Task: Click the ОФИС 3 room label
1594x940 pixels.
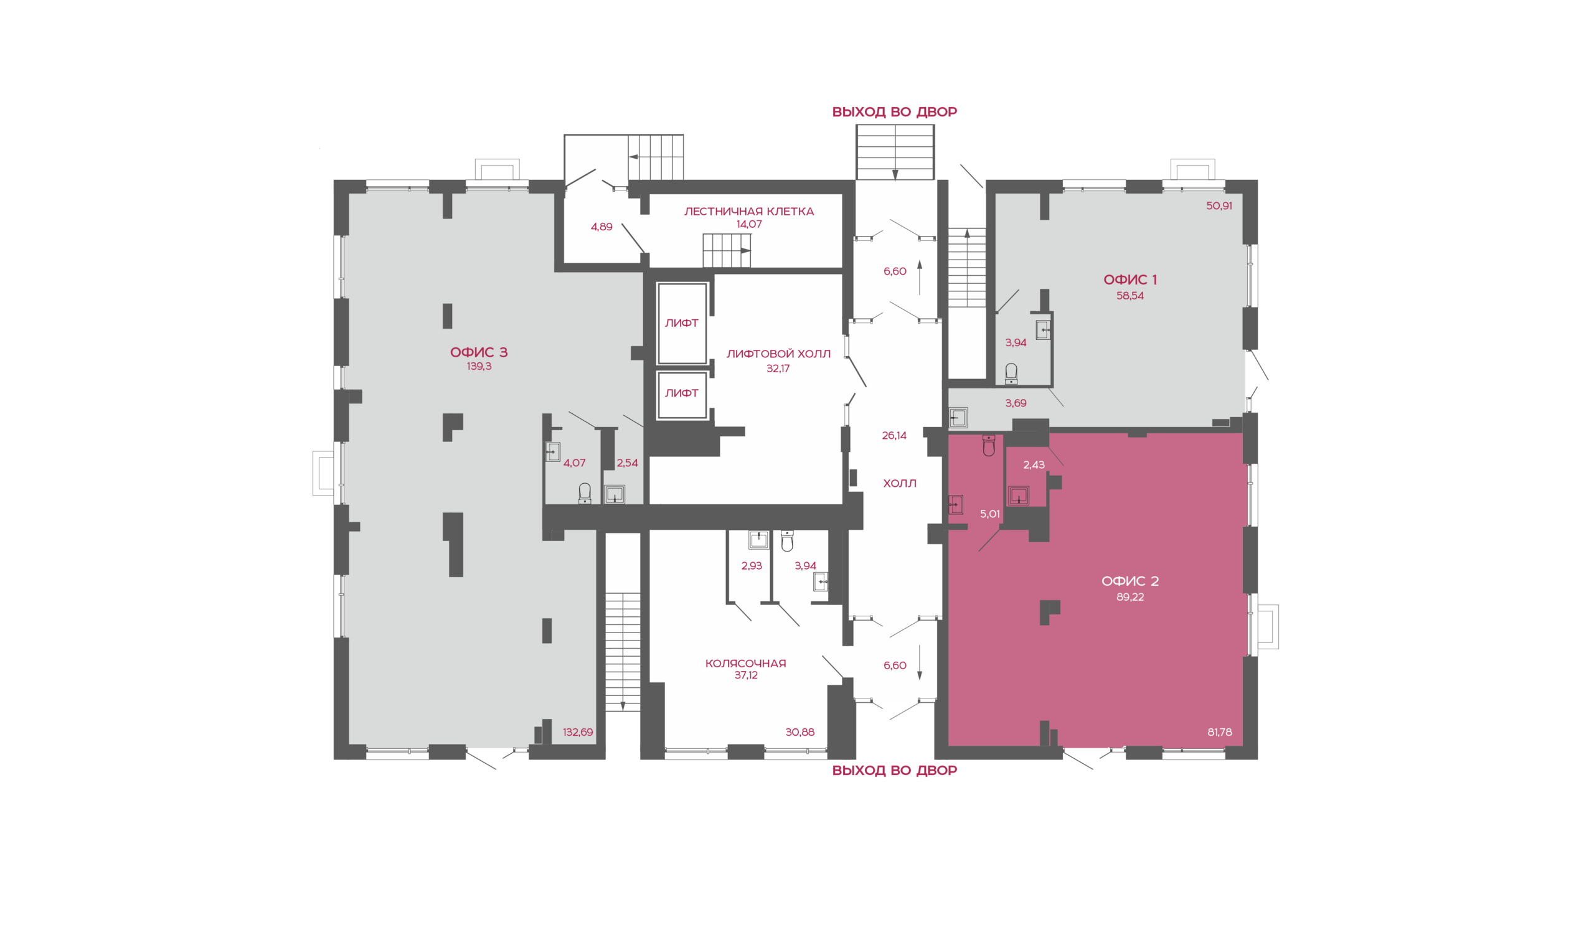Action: pos(478,352)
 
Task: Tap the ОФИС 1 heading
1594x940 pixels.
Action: pos(1129,280)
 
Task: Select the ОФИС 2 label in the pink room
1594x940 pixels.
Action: pos(1129,581)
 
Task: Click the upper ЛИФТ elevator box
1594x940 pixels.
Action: pos(682,324)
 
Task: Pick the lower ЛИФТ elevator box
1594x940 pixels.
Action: pos(682,395)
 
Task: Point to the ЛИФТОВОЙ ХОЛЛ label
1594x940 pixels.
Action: pos(778,354)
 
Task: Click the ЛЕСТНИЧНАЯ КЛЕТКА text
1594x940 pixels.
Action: pos(749,212)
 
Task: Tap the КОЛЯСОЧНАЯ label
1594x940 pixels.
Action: pos(746,663)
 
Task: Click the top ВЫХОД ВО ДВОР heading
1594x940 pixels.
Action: pos(894,112)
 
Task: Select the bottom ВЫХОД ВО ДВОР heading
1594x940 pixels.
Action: pos(894,770)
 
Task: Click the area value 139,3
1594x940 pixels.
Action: pos(479,366)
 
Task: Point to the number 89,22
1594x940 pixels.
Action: pos(1129,597)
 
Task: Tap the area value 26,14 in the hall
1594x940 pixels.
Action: pos(894,435)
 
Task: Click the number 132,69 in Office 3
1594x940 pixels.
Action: pos(578,731)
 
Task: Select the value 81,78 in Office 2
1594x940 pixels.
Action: pos(1220,731)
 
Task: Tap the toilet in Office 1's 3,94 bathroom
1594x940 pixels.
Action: pos(1011,374)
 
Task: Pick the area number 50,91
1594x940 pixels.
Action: pos(1219,206)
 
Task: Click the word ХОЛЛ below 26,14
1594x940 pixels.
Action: pos(900,483)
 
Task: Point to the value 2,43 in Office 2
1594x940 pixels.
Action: pos(1034,465)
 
